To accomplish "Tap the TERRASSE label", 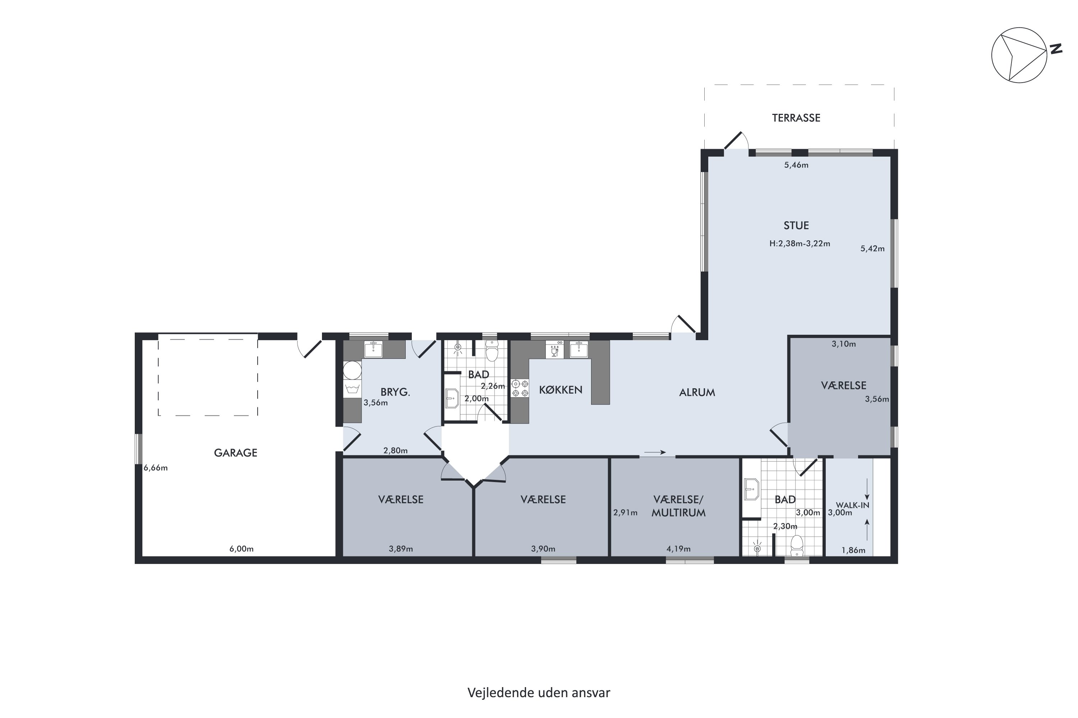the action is [x=796, y=118].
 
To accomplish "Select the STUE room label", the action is [x=796, y=225].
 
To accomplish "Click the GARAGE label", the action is [x=236, y=453].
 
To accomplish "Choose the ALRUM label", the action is [x=697, y=392].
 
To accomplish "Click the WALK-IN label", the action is [x=852, y=505].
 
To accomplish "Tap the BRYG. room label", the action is [x=395, y=392].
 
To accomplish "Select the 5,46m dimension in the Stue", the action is [x=796, y=165].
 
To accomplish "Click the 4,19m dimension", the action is [x=678, y=549].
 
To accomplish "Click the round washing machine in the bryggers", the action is [x=352, y=370].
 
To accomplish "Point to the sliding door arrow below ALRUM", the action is [x=655, y=452].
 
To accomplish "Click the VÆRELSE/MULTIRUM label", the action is [x=678, y=506].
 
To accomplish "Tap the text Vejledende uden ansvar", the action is [x=539, y=693].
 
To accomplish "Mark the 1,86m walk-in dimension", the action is [x=853, y=550].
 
